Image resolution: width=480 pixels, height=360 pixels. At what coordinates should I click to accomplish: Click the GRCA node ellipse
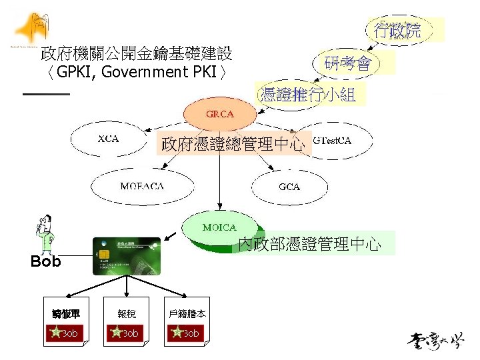220,114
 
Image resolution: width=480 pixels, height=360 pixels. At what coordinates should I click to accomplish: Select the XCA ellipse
108,139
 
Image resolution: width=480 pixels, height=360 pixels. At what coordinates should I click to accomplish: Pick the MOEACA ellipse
141,186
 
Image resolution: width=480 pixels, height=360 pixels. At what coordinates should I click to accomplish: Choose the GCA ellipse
289,186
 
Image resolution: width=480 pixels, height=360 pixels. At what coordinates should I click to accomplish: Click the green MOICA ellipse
219,229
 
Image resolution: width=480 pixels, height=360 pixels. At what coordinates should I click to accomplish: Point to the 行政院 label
397,30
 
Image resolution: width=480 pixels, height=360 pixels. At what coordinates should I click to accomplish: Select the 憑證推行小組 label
308,95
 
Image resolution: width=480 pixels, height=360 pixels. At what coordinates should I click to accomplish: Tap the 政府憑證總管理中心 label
233,143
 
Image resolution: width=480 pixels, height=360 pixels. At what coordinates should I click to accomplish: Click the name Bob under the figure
45,262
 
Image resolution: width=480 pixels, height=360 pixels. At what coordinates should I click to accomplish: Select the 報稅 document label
125,313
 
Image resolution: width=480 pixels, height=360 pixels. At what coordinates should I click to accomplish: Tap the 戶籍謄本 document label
187,313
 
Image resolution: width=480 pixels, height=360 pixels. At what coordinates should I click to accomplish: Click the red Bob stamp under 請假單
64,333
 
